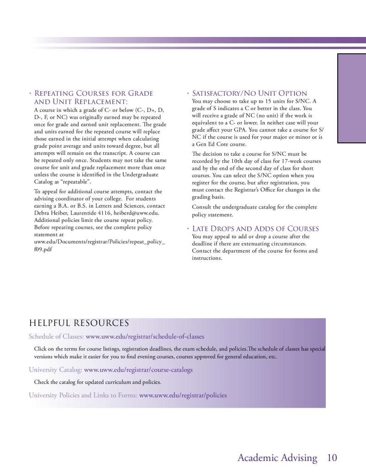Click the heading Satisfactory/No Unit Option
[249, 94]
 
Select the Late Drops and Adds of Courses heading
[255, 229]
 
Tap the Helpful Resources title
[79, 323]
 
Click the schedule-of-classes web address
[145, 337]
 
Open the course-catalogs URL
[138, 370]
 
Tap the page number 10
[332, 458]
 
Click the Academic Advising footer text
[277, 458]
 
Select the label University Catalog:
[56, 370]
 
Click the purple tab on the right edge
[352, 98]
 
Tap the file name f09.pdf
[43, 249]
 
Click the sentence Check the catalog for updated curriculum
[98, 382]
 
